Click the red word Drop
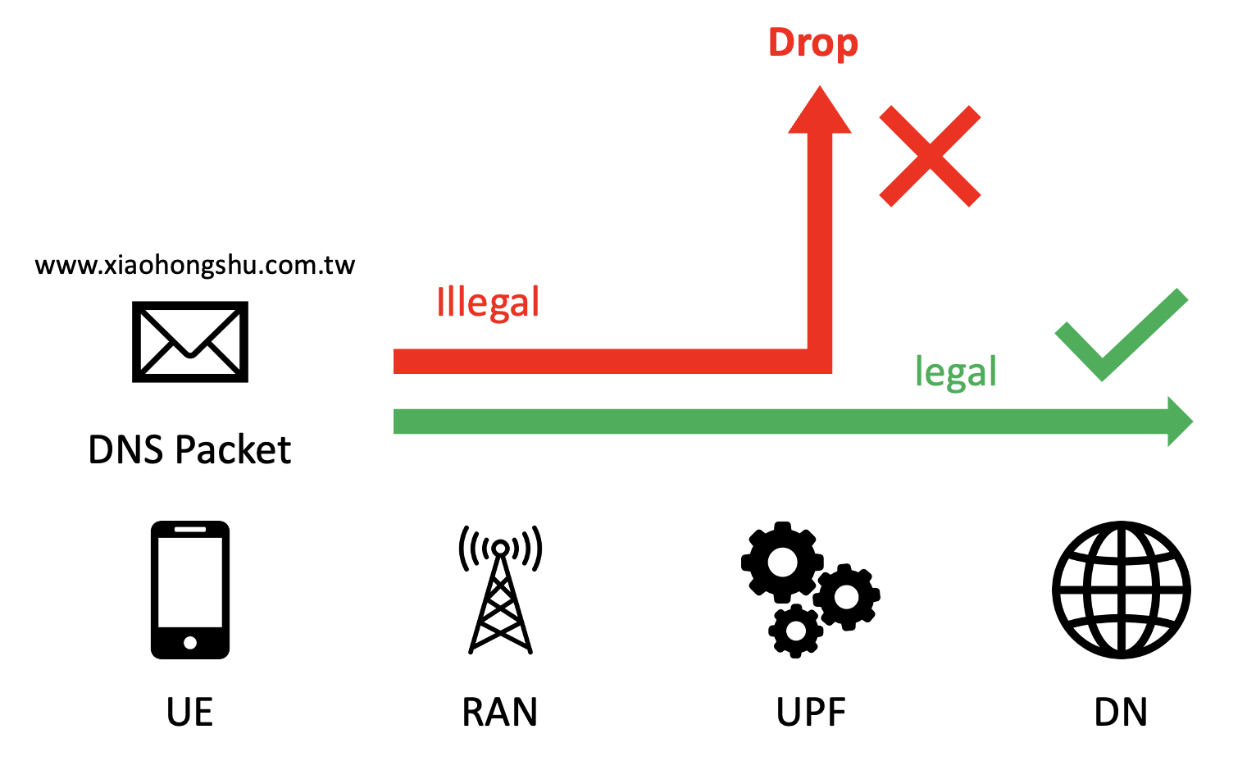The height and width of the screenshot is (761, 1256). tap(812, 43)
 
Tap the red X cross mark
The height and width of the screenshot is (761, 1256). tap(930, 156)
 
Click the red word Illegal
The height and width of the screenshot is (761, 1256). tap(488, 303)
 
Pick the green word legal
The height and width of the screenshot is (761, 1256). tap(955, 372)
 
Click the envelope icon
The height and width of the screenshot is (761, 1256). tap(190, 342)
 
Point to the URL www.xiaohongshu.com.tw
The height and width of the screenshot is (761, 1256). tap(195, 266)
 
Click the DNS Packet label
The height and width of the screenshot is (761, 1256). tap(189, 450)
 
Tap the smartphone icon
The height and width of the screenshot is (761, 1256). tap(190, 589)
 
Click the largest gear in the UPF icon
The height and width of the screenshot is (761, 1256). tap(781, 562)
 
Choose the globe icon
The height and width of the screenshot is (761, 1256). tap(1121, 589)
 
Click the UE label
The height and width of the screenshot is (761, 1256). tap(189, 712)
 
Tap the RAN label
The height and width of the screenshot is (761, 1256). tap(500, 712)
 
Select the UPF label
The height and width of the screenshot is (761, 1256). tap(811, 712)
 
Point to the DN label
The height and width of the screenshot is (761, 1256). tap(1121, 712)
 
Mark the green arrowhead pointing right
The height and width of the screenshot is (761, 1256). tap(1179, 422)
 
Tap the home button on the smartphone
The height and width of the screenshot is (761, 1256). tap(190, 643)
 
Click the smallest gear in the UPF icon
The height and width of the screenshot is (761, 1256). tap(795, 631)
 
